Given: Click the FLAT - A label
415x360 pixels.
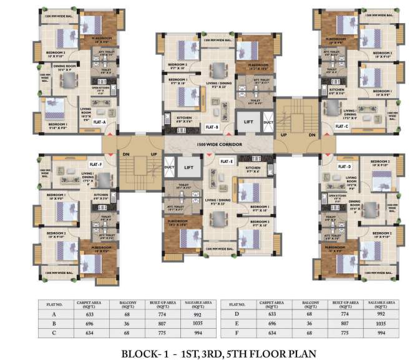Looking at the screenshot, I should tap(99, 122).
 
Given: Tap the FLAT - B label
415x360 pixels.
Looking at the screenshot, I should tap(212, 127).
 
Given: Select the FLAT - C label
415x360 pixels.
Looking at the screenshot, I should tap(341, 127).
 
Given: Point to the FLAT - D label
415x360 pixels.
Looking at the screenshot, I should tap(345, 167).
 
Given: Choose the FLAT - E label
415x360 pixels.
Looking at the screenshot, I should tap(227, 161).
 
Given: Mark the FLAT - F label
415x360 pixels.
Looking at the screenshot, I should tap(95, 163).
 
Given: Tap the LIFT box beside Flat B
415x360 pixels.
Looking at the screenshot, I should tap(248, 122).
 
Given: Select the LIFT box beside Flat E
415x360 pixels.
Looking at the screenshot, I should tap(188, 168).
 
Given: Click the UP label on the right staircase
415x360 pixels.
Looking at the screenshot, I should tap(283, 135).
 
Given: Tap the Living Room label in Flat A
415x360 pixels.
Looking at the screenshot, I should tap(85, 112).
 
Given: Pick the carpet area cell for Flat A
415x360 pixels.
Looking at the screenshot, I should tap(87, 315).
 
